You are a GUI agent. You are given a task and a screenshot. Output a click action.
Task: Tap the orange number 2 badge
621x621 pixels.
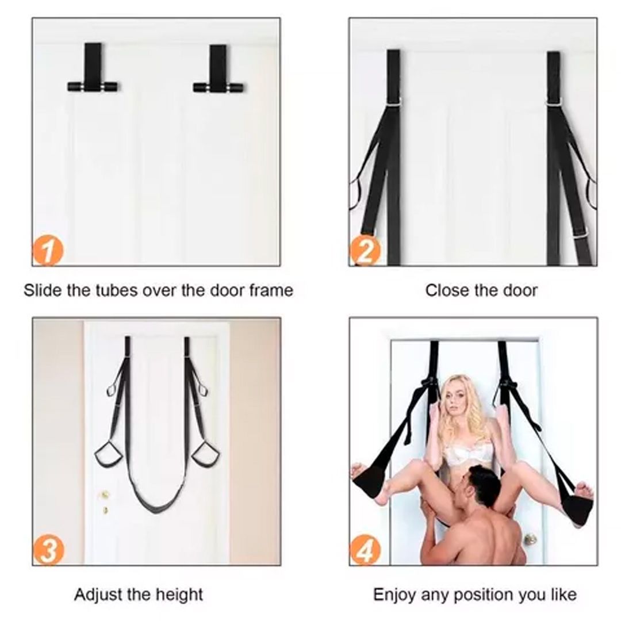click(x=365, y=251)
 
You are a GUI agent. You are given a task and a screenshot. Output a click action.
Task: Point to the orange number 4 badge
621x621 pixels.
click(x=365, y=550)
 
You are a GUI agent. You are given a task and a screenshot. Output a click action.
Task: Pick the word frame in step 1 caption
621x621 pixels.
click(x=271, y=290)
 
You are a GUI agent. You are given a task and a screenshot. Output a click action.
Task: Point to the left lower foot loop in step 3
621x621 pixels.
click(x=107, y=455)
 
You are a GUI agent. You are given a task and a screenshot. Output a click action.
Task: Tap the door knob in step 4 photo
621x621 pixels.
click(x=530, y=538)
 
